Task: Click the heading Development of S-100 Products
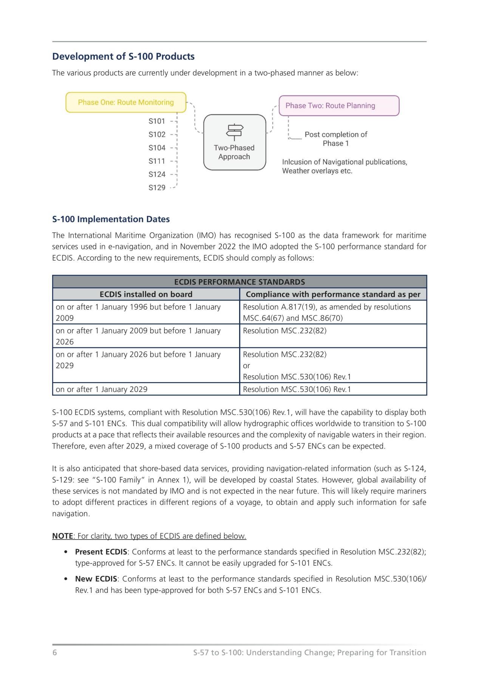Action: (123, 57)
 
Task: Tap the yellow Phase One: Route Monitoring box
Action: (126, 102)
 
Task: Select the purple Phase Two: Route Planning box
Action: (339, 106)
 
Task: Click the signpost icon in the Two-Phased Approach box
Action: (234, 131)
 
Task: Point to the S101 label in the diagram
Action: (157, 121)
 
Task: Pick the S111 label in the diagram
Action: (157, 161)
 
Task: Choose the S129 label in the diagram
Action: (157, 188)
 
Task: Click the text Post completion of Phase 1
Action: (335, 139)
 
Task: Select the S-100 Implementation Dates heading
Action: (111, 219)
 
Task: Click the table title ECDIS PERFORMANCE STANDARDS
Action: (239, 282)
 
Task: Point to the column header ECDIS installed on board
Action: (146, 294)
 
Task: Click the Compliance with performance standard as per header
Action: (333, 294)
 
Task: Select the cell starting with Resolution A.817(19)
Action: (326, 312)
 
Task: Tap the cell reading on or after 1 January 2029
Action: (101, 389)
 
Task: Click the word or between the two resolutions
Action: (246, 365)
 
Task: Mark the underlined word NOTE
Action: (62, 536)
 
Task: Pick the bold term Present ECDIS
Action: (101, 552)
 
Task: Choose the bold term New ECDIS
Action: (96, 579)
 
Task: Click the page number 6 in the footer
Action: (55, 652)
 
